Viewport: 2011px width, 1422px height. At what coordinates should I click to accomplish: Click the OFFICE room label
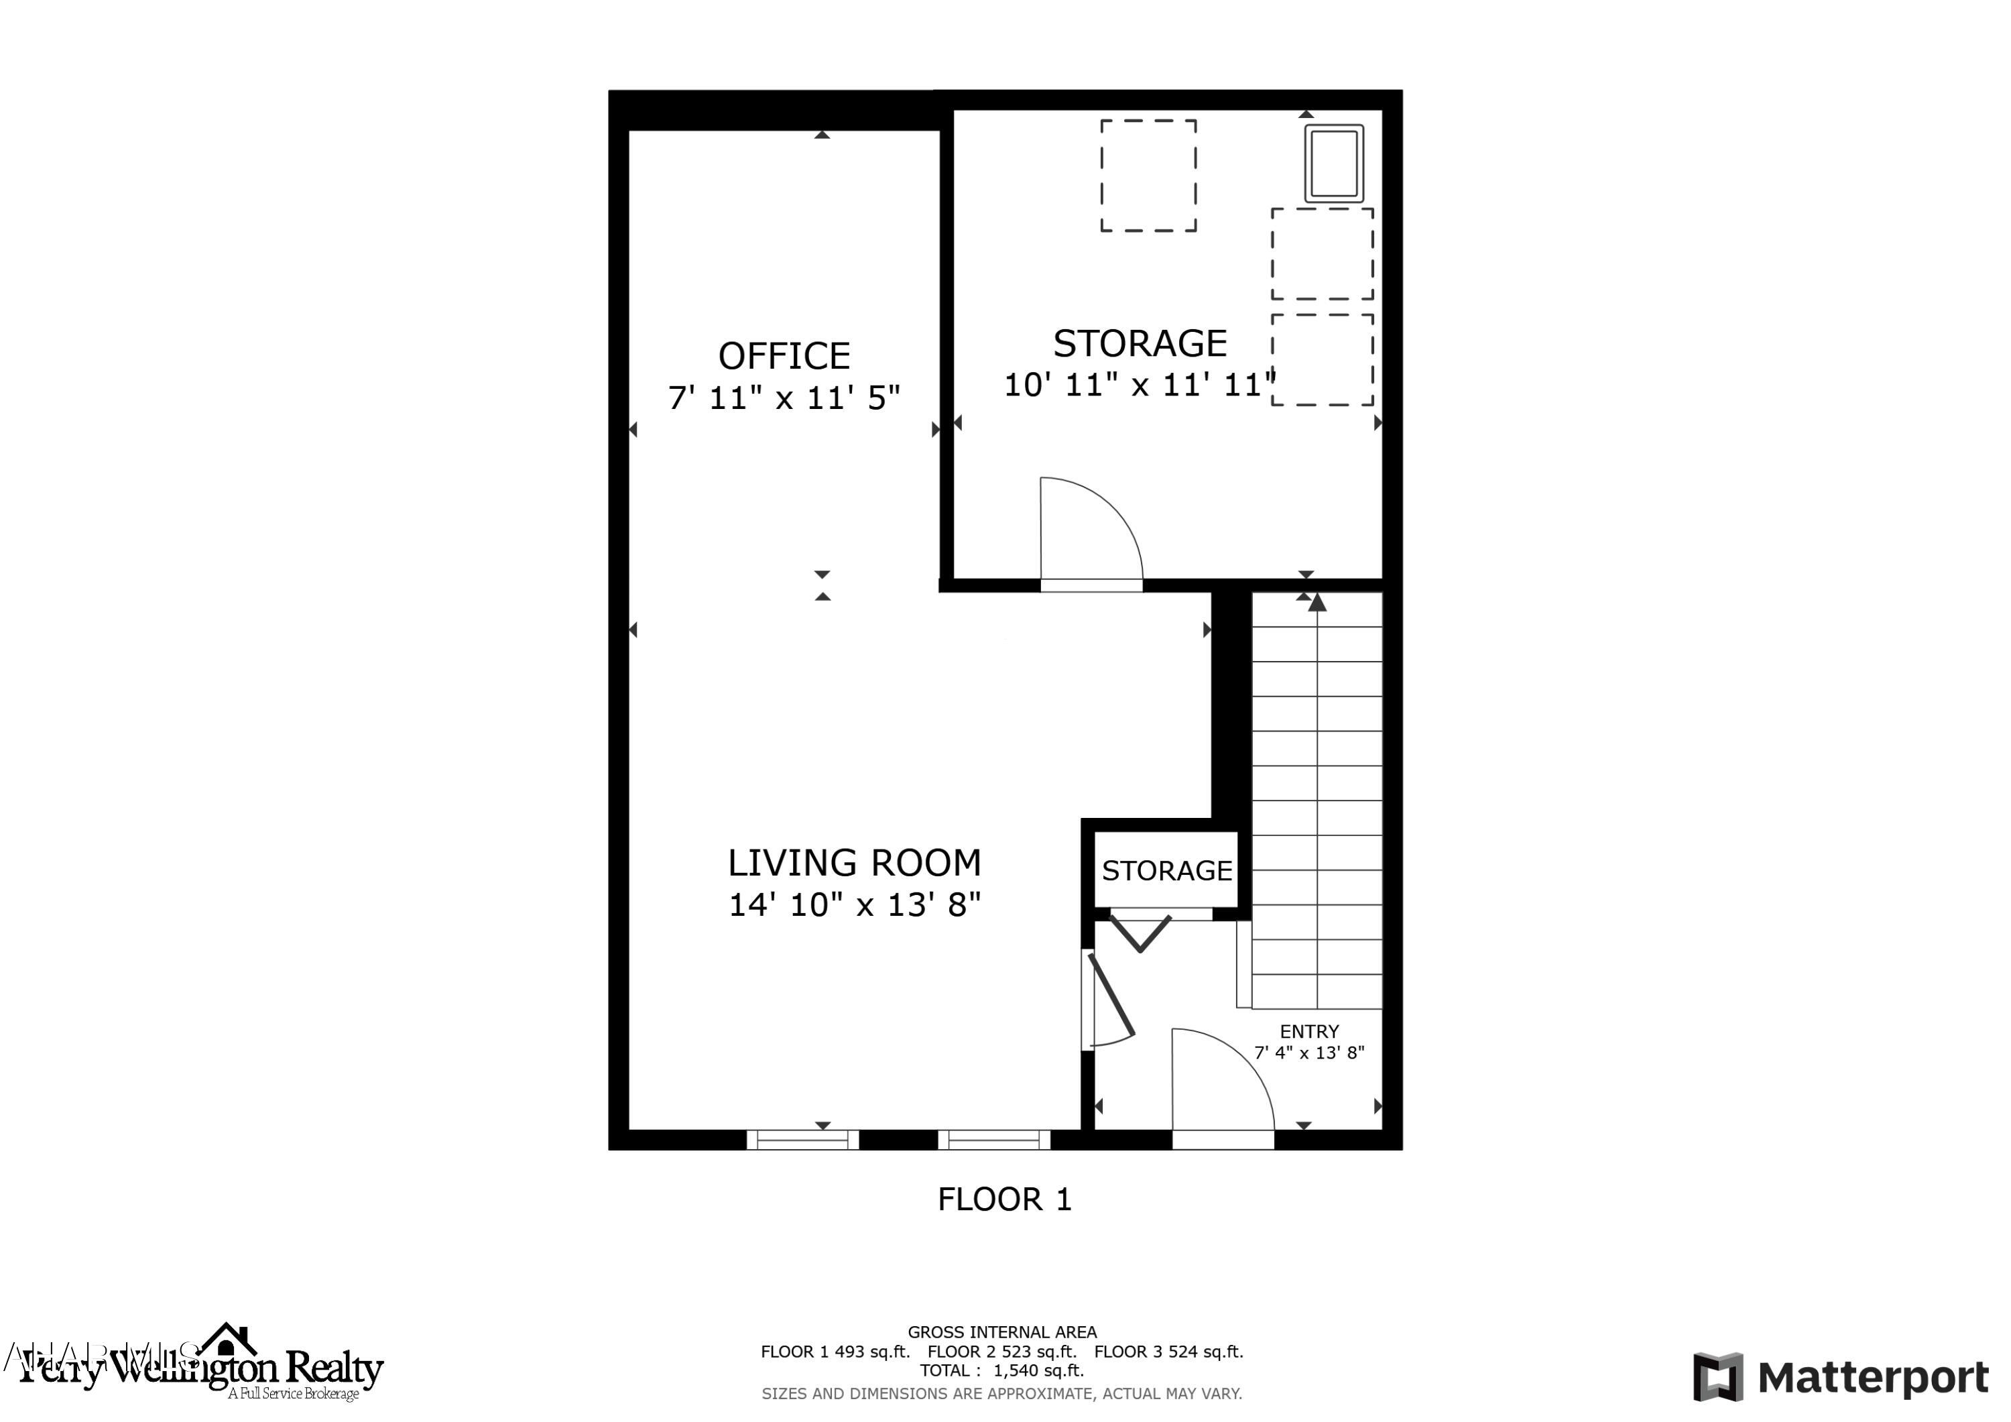pyautogui.click(x=784, y=357)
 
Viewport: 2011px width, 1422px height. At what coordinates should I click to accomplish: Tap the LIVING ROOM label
pyautogui.click(x=854, y=863)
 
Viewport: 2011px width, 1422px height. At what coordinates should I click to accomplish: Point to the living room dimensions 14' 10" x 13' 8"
pyautogui.click(x=854, y=904)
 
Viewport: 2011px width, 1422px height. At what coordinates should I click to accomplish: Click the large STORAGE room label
pyautogui.click(x=1140, y=343)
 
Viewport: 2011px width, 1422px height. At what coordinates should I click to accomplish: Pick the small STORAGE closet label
pyautogui.click(x=1166, y=870)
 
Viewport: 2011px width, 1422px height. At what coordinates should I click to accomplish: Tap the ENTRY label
pyautogui.click(x=1309, y=1031)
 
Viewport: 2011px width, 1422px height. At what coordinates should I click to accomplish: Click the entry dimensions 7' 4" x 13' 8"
pyautogui.click(x=1309, y=1053)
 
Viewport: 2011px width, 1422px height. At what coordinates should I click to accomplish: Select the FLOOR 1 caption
pyautogui.click(x=1005, y=1199)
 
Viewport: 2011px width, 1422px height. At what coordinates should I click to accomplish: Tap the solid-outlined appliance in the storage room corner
pyautogui.click(x=1334, y=164)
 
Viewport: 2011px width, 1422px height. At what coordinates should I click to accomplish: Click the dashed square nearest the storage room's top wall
pyautogui.click(x=1148, y=175)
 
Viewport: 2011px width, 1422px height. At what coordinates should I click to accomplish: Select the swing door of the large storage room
pyautogui.click(x=1091, y=531)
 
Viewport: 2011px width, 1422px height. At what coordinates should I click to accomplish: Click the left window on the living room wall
pyautogui.click(x=802, y=1140)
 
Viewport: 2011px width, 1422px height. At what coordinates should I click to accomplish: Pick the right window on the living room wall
pyautogui.click(x=994, y=1140)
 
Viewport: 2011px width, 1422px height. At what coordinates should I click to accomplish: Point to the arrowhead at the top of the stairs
pyautogui.click(x=1317, y=602)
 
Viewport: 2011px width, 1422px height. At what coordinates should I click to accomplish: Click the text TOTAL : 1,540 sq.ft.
pyautogui.click(x=1001, y=1370)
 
